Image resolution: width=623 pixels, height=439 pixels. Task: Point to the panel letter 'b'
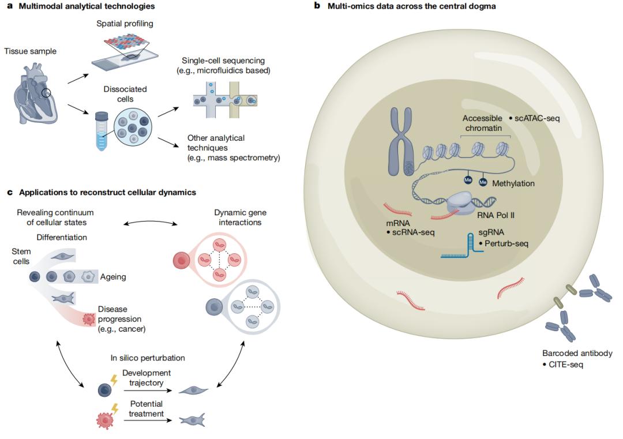click(x=316, y=6)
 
